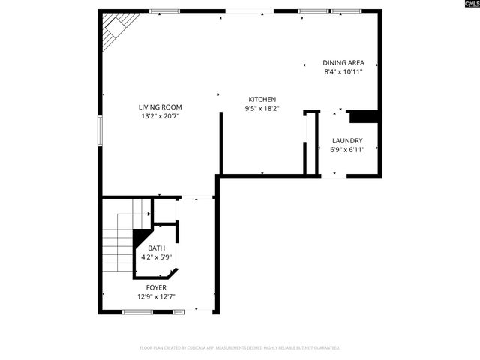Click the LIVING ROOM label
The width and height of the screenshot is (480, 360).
pos(160,107)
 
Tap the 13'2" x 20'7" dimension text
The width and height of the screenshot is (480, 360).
pos(160,116)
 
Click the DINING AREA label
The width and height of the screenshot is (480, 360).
pos(343,63)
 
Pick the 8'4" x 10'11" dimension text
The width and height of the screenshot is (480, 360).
pos(343,72)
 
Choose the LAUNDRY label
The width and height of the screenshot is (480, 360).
pos(346,140)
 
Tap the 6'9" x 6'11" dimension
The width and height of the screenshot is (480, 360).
pos(346,149)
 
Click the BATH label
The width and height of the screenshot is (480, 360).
pos(156,248)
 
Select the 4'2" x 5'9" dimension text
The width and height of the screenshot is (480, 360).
pos(156,257)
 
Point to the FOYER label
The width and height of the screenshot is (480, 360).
pos(156,287)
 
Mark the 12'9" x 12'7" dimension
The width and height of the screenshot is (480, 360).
pos(156,296)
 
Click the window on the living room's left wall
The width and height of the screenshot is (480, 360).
pos(100,129)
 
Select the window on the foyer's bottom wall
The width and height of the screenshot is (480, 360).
pos(138,311)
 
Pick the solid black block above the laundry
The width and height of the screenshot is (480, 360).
pos(364,115)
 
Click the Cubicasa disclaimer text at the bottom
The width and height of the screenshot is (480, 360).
pos(240,348)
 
